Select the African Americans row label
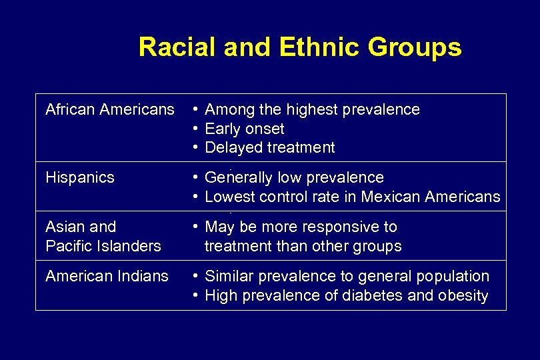click(109, 109)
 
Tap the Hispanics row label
click(79, 177)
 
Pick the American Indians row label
click(107, 276)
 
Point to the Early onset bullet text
click(244, 129)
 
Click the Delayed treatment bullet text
click(269, 147)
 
